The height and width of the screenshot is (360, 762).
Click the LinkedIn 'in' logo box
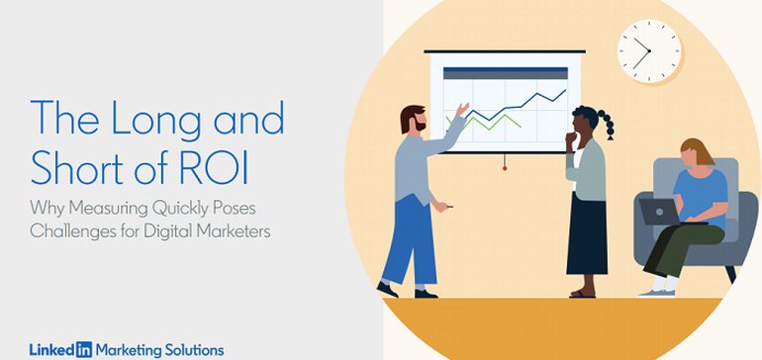(83, 349)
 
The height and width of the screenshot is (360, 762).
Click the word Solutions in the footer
(194, 349)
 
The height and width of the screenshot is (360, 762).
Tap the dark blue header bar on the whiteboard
(505, 72)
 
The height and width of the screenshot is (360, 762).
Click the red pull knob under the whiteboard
(505, 168)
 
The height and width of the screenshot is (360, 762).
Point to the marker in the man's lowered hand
(446, 206)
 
